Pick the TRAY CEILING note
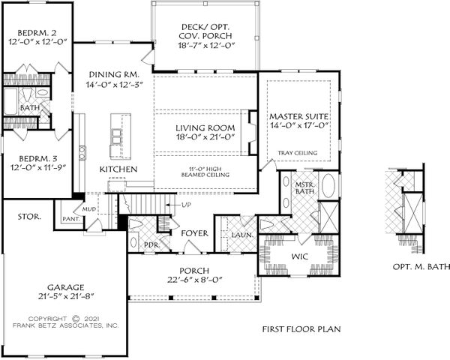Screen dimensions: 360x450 click(x=298, y=153)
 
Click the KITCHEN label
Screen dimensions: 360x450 click(x=118, y=170)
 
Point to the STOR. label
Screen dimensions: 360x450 click(x=28, y=217)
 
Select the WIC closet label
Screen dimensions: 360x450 click(x=299, y=257)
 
